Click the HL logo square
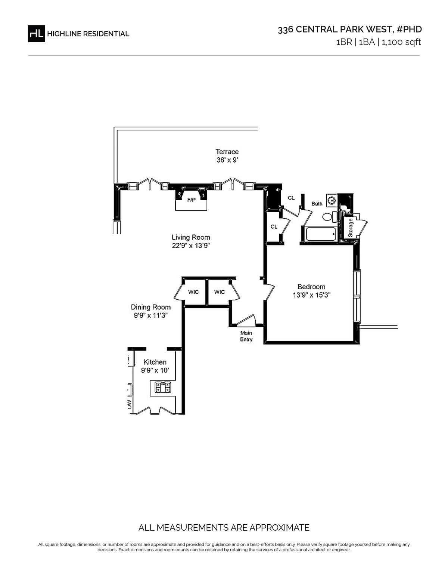click(x=36, y=34)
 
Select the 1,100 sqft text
click(x=401, y=42)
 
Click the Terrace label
click(x=227, y=152)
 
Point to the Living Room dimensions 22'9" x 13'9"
click(x=191, y=246)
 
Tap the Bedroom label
click(x=311, y=287)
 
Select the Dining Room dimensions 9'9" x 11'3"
click(x=150, y=315)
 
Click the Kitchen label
click(x=155, y=362)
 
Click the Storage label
click(x=351, y=228)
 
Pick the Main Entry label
click(x=246, y=336)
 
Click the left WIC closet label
click(x=193, y=292)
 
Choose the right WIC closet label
click(x=220, y=292)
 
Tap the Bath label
click(x=317, y=204)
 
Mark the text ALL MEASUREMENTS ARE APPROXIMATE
click(x=224, y=528)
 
